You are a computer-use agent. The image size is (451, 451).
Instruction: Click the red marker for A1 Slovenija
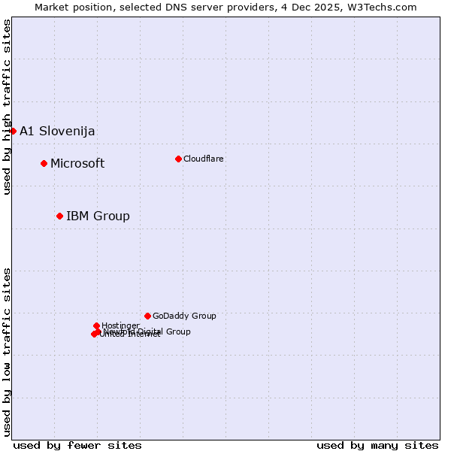point(13,131)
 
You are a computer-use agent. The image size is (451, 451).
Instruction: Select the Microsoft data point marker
point(44,163)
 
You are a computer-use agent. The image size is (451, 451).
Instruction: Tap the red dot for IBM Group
point(59,216)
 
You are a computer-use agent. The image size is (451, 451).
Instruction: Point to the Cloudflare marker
point(178,159)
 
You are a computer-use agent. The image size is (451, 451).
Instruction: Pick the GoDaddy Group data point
point(147,316)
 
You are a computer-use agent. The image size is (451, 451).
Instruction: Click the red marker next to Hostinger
point(96,325)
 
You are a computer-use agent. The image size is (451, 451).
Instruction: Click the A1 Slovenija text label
point(57,132)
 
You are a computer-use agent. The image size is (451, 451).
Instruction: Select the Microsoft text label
point(77,164)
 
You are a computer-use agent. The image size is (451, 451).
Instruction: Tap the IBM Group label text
point(98,216)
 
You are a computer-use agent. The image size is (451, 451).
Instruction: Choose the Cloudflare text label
point(204,159)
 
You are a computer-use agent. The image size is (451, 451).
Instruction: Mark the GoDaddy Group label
point(184,316)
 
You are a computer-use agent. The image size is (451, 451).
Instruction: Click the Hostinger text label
point(120,325)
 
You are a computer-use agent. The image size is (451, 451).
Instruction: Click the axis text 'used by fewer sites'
point(77,445)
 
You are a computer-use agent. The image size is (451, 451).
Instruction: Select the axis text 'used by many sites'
point(377,445)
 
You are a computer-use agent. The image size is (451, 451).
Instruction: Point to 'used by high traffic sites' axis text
point(7,107)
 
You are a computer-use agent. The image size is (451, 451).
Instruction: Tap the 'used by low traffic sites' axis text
point(7,351)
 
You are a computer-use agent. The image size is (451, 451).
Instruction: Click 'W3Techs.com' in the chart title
point(384,7)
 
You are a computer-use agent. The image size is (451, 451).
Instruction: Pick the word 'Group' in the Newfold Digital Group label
point(178,331)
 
